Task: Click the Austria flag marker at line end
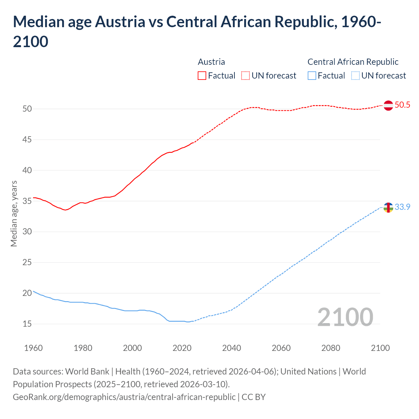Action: (x=388, y=105)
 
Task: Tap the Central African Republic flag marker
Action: (x=388, y=208)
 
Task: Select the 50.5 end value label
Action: (x=402, y=105)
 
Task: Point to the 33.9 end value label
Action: (x=402, y=207)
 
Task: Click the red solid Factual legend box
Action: (x=202, y=76)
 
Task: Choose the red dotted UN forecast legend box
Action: (x=246, y=76)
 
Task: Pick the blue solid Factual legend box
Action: (x=312, y=76)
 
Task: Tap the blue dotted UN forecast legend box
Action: (x=355, y=76)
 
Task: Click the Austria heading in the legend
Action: (x=211, y=62)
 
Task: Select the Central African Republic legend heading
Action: (x=353, y=62)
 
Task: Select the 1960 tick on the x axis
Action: (x=33, y=348)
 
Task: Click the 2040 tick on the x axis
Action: (x=231, y=348)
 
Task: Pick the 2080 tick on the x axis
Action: (x=331, y=348)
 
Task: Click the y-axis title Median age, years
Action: (x=14, y=213)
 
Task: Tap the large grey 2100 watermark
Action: (x=345, y=317)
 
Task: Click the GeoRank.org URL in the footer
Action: (x=124, y=397)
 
